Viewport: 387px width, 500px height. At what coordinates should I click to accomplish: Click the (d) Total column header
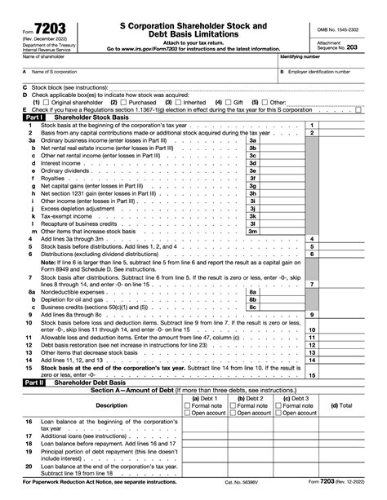[x=335, y=405]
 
